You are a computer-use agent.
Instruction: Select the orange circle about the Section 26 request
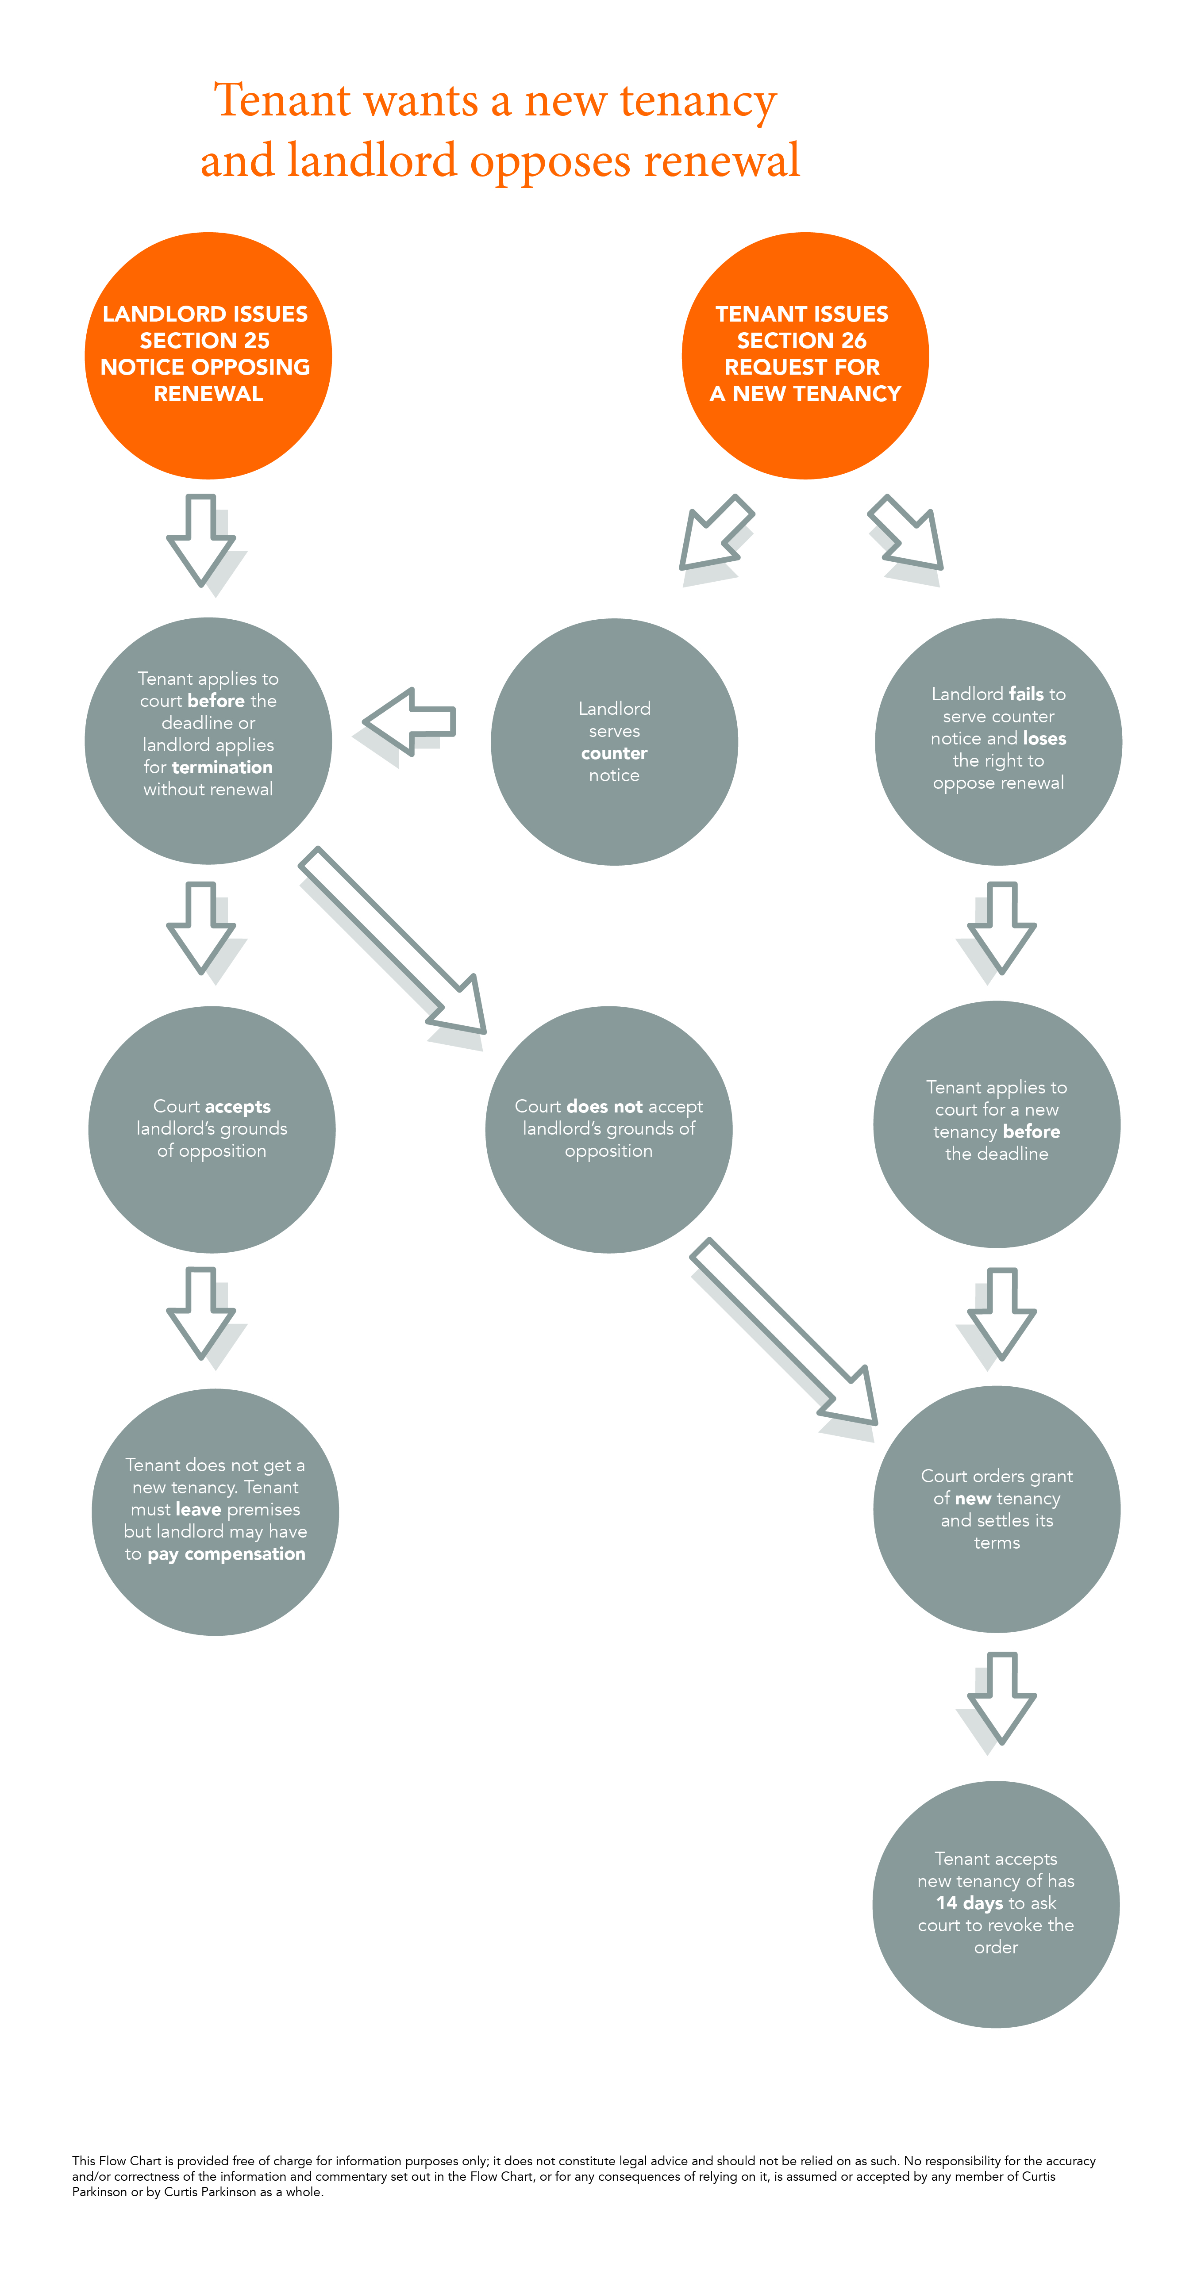[x=805, y=356]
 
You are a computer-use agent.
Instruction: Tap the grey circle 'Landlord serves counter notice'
[x=614, y=742]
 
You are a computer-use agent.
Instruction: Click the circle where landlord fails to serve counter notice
[x=999, y=742]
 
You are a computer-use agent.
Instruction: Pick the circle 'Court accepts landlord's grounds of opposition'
[x=212, y=1130]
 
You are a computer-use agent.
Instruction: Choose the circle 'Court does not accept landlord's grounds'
[x=609, y=1130]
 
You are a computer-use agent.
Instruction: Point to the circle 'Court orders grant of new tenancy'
[x=997, y=1510]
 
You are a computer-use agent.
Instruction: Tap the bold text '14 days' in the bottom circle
[x=970, y=1902]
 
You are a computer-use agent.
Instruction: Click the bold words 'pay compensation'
[x=227, y=1554]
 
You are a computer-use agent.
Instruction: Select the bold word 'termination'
[x=222, y=767]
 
